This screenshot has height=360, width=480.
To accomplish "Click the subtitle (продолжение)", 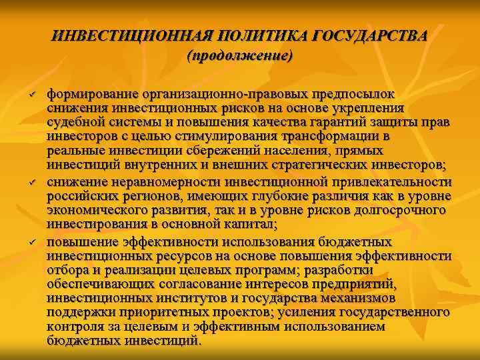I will (x=240, y=57).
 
